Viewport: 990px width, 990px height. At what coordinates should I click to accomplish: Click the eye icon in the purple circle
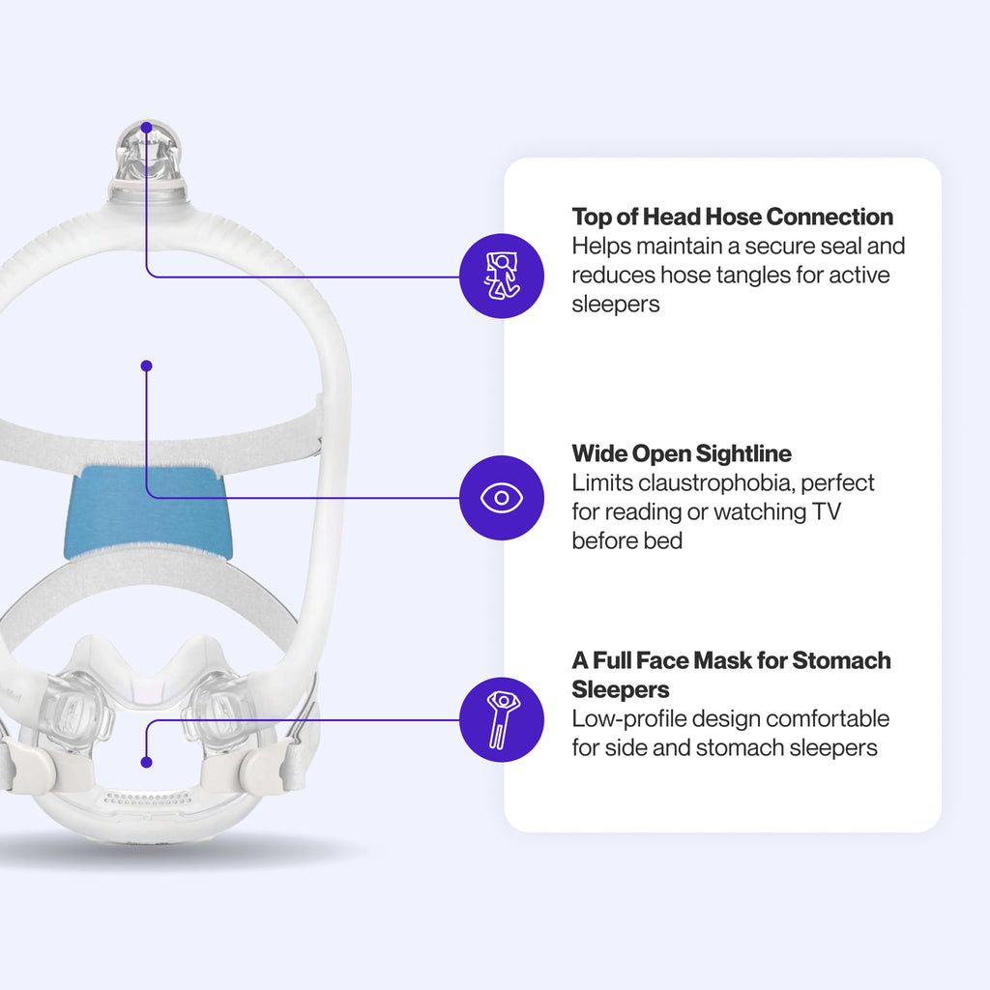pyautogui.click(x=501, y=498)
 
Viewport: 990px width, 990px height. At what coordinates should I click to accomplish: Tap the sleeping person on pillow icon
pyautogui.click(x=501, y=276)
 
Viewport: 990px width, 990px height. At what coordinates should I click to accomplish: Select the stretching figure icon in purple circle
pyautogui.click(x=501, y=720)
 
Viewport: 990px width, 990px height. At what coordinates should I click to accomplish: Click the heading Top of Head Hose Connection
pyautogui.click(x=732, y=217)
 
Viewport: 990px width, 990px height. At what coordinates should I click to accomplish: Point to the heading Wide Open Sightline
pyautogui.click(x=682, y=453)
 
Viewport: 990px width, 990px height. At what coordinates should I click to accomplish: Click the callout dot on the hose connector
pyautogui.click(x=146, y=127)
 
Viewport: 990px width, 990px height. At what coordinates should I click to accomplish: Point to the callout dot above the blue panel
pyautogui.click(x=146, y=366)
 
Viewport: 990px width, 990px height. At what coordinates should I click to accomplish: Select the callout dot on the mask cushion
pyautogui.click(x=146, y=762)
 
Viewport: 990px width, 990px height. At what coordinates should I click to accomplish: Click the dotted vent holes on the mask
pyautogui.click(x=147, y=800)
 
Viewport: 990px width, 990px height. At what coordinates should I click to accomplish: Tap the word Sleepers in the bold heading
pyautogui.click(x=619, y=690)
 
